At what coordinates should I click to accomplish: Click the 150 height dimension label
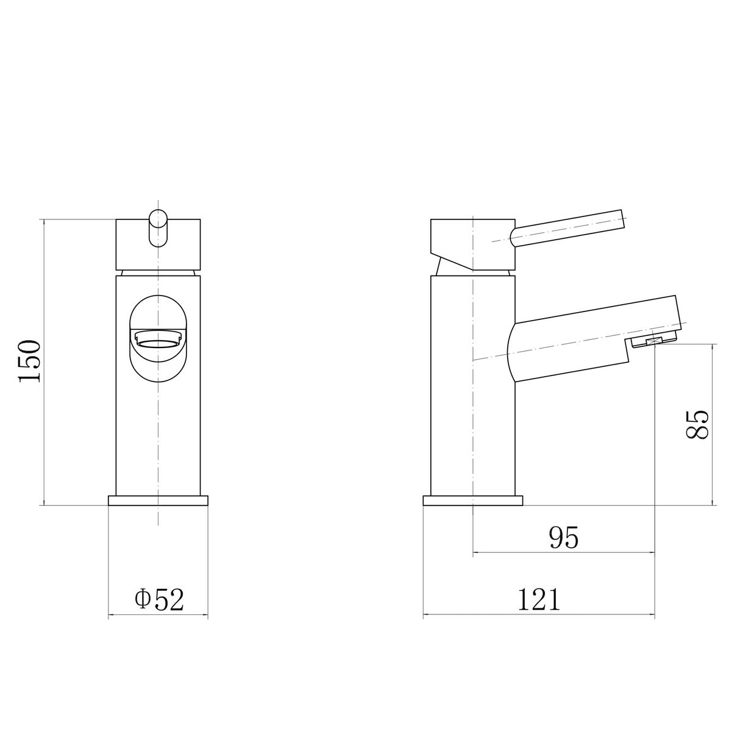pyautogui.click(x=29, y=361)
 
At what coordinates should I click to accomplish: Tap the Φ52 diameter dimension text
pyautogui.click(x=159, y=599)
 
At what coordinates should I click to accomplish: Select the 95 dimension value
pyautogui.click(x=563, y=538)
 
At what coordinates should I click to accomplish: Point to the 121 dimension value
pyautogui.click(x=539, y=599)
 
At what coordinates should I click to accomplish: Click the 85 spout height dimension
pyautogui.click(x=697, y=425)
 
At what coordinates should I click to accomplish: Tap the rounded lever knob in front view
pyautogui.click(x=158, y=227)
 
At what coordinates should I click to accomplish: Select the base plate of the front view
pyautogui.click(x=158, y=500)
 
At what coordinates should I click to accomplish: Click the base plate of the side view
pyautogui.click(x=473, y=500)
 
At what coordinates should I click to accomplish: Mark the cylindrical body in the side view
pyautogui.click(x=473, y=427)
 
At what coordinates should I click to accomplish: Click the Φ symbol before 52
pyautogui.click(x=142, y=599)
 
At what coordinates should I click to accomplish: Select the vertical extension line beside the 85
pyautogui.click(x=714, y=425)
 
